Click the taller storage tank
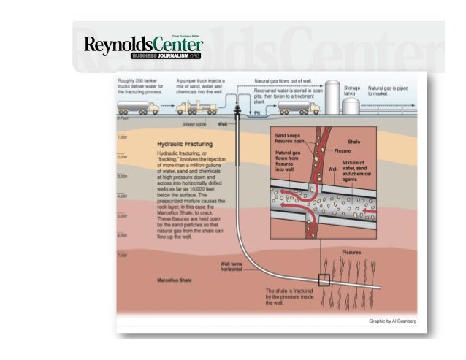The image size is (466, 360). pyautogui.click(x=332, y=97)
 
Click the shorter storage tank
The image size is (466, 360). pyautogui.click(x=351, y=105)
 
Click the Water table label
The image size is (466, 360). pyautogui.click(x=194, y=125)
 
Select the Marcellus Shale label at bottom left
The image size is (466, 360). pyautogui.click(x=175, y=280)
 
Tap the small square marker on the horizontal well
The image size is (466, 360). pyautogui.click(x=324, y=278)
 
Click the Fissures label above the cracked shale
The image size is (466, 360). pyautogui.click(x=353, y=252)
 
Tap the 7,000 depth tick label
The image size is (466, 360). pyautogui.click(x=123, y=255)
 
